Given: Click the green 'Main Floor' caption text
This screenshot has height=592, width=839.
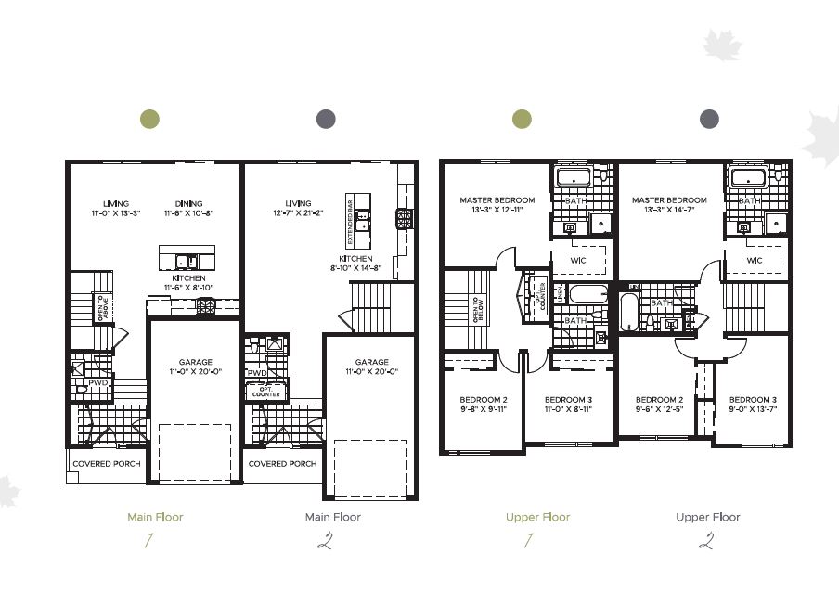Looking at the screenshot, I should pyautogui.click(x=155, y=517).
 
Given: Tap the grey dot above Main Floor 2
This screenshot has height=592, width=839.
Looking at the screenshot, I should pyautogui.click(x=326, y=119).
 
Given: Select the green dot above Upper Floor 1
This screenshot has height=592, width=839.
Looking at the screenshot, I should pyautogui.click(x=523, y=119).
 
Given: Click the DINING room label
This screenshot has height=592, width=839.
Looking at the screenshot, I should pyautogui.click(x=189, y=203).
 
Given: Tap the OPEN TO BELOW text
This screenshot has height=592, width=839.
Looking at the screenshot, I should pyautogui.click(x=474, y=309).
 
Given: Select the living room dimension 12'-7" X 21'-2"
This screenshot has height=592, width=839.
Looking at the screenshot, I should pyautogui.click(x=298, y=213).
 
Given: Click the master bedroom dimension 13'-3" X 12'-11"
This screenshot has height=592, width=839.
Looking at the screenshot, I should pyautogui.click(x=497, y=211).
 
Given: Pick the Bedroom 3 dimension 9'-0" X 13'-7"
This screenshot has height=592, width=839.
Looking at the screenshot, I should pyautogui.click(x=752, y=409).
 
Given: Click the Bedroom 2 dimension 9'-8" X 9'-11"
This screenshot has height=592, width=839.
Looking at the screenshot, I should pyautogui.click(x=484, y=409).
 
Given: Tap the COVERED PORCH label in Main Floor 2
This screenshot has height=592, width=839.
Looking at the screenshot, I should pyautogui.click(x=282, y=463).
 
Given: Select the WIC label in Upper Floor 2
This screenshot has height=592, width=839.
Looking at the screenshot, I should pyautogui.click(x=755, y=260).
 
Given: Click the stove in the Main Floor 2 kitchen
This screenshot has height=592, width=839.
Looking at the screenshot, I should pyautogui.click(x=404, y=219).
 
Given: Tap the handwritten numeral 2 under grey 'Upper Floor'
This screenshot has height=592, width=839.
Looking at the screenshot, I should pyautogui.click(x=708, y=541).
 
